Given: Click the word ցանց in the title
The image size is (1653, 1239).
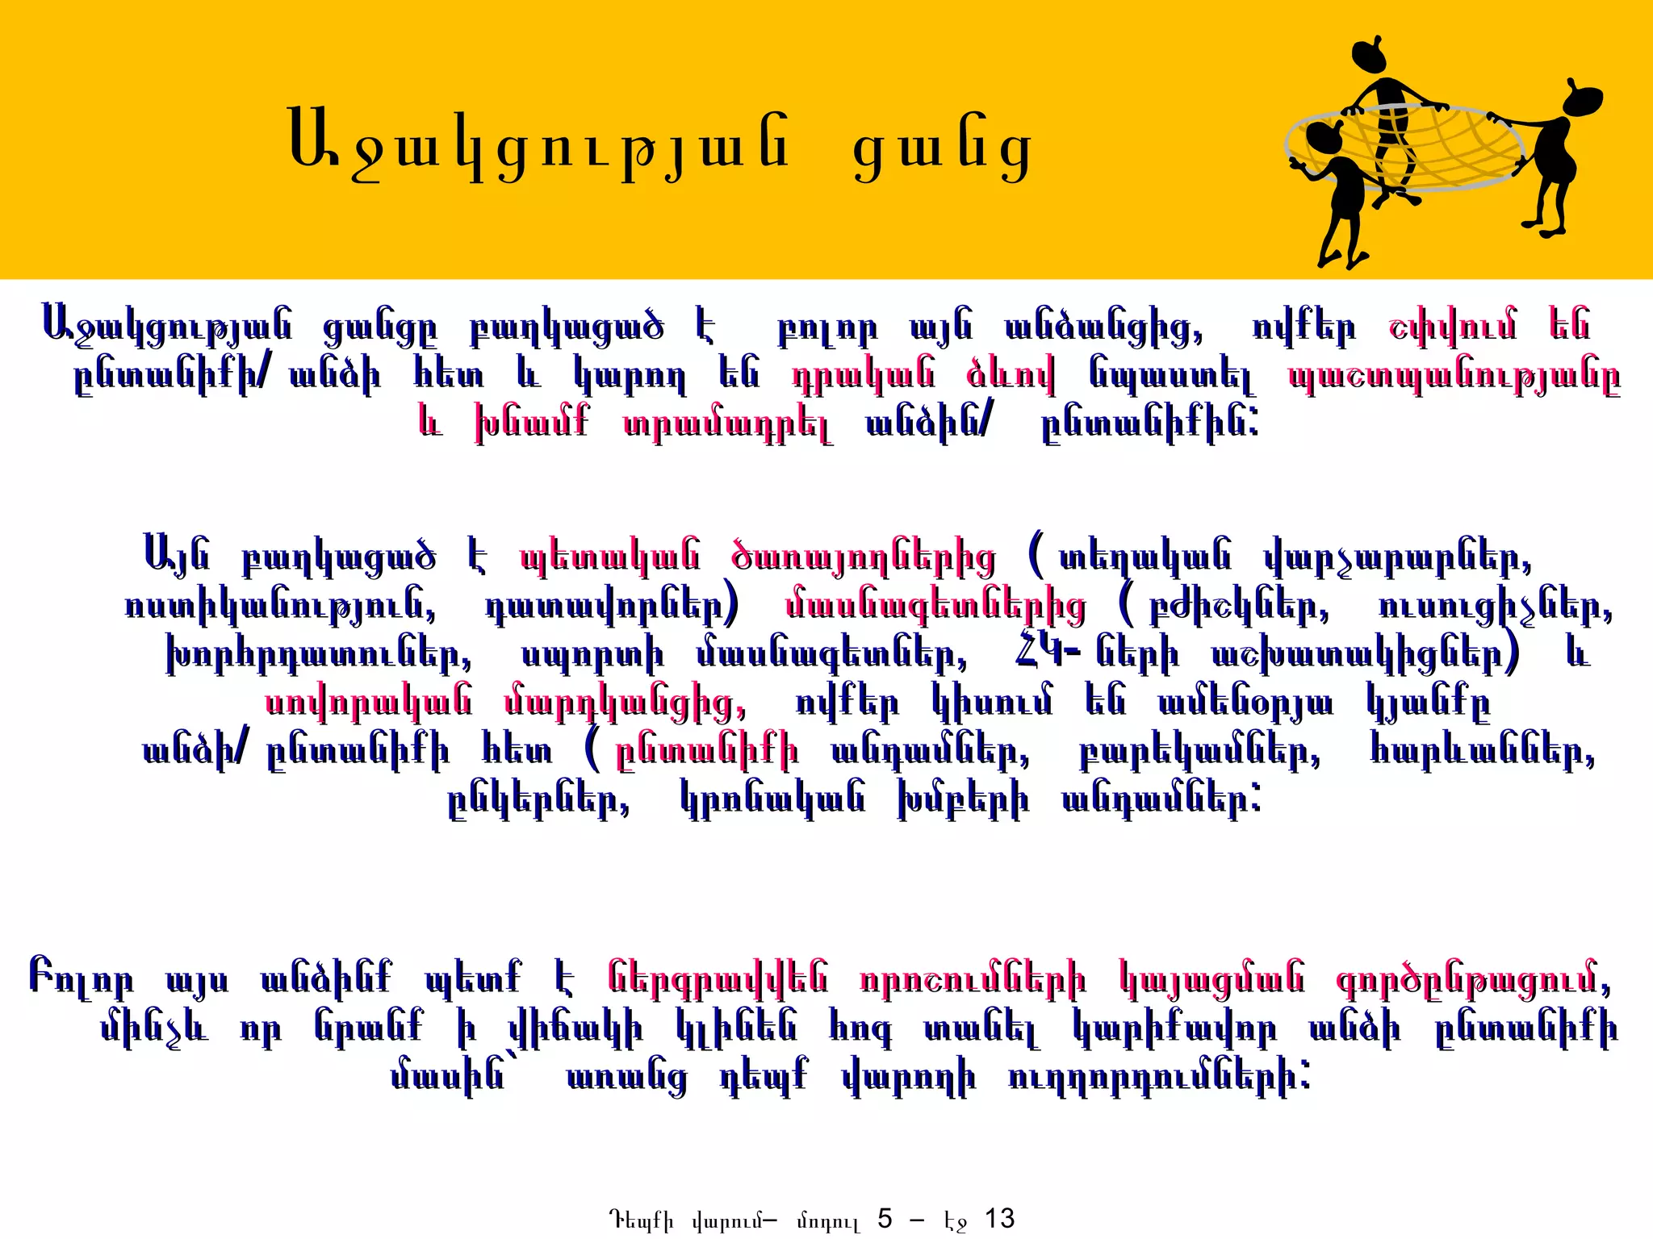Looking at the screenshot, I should pos(942,153).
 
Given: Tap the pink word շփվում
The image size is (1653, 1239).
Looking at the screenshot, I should pos(1452,327).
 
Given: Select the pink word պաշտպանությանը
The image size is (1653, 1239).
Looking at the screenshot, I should pos(1454,377).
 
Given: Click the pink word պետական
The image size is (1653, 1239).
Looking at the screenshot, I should pos(610,557).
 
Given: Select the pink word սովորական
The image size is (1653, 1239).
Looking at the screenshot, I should pos(369,703).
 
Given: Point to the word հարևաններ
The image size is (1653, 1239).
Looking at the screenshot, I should pos(1483,752).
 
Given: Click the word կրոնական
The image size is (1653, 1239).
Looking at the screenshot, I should pos(772,800).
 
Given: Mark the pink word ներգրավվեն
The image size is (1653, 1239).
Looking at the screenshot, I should pos(718,979).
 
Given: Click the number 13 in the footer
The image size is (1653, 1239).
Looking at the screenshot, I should pos(1000,1219).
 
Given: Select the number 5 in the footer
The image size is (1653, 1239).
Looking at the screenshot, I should pos(885,1219).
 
